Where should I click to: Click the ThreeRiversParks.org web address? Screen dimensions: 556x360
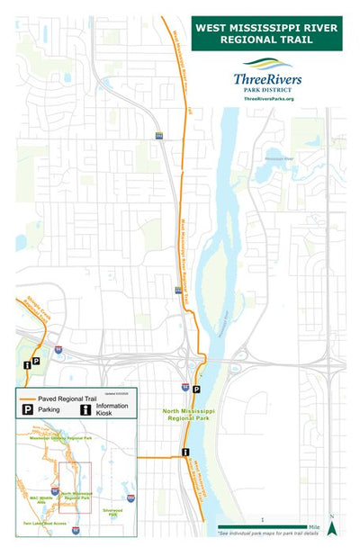click(x=267, y=97)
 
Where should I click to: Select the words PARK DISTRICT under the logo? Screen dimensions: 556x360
click(x=267, y=89)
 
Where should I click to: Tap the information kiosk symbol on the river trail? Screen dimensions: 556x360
click(x=185, y=452)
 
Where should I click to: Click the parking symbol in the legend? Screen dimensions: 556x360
click(x=27, y=409)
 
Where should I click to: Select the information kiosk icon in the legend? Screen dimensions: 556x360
click(x=85, y=409)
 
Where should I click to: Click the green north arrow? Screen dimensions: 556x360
click(x=332, y=528)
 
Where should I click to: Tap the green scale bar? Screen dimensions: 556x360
click(x=262, y=526)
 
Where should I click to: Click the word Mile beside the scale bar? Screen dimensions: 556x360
click(x=314, y=526)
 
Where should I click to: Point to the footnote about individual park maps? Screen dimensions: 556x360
click(x=268, y=534)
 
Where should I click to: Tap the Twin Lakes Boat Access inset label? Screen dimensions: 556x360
click(x=47, y=524)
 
